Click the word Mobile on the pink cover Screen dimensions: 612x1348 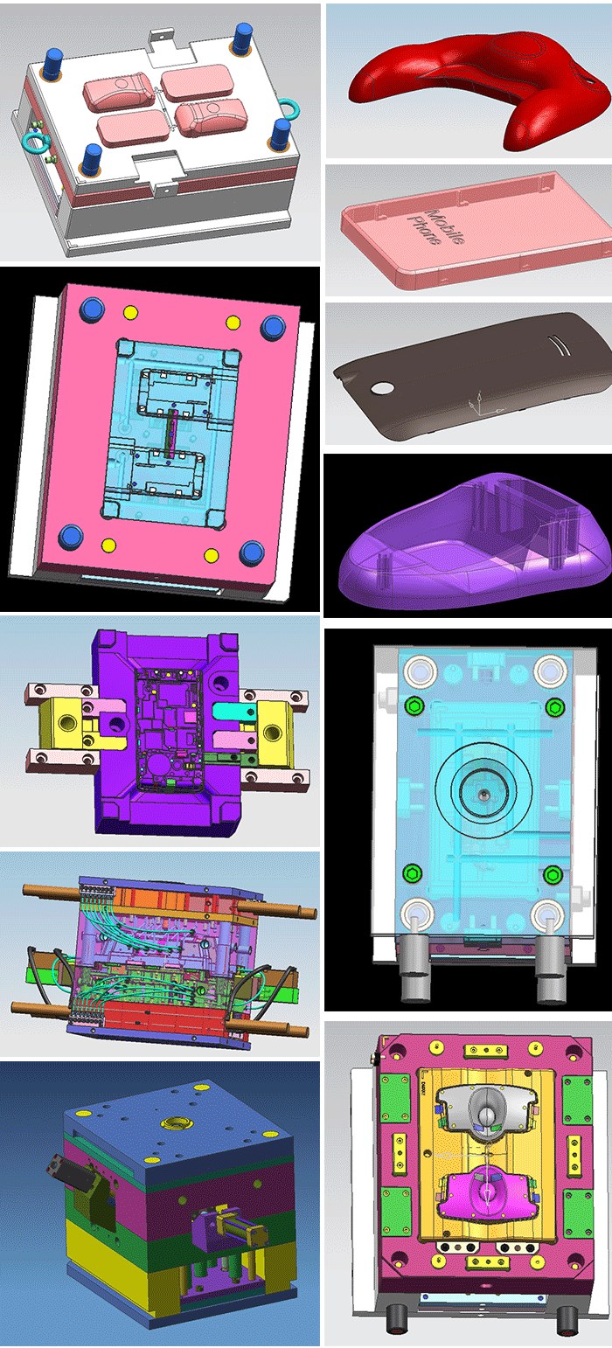tap(446, 226)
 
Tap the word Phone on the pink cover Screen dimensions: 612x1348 tap(424, 231)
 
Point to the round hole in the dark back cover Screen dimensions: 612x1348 tap(381, 387)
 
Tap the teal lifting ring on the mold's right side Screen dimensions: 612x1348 tap(291, 108)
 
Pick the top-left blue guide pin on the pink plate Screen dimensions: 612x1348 tap(91, 309)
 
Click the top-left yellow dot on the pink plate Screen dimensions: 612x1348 tap(130, 313)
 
